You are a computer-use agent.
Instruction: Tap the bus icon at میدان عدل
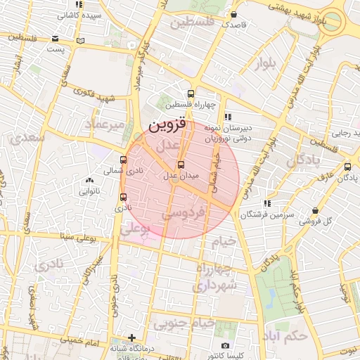181,165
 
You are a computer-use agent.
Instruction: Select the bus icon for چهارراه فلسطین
191,94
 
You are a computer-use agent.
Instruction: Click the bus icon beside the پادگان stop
348,167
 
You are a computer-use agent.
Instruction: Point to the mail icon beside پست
82,40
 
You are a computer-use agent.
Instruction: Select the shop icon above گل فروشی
314,210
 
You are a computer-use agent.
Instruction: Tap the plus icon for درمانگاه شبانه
131,337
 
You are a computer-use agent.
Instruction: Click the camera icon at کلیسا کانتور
225,345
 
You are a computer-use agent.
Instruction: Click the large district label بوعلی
135,229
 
